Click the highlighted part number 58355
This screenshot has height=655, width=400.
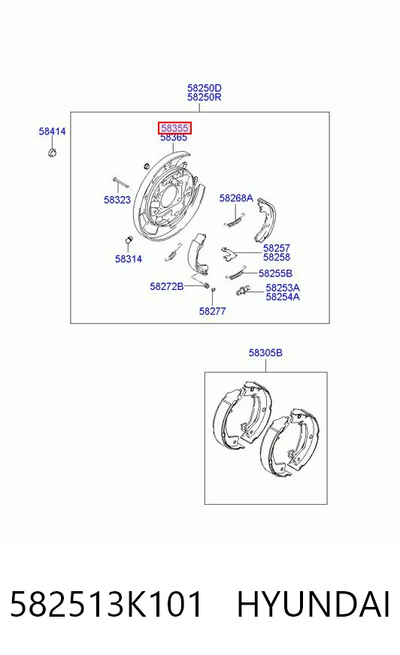(x=174, y=128)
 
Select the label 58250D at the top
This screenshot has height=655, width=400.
(x=205, y=88)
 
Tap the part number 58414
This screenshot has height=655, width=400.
(x=52, y=131)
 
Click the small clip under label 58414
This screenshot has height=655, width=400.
(x=52, y=152)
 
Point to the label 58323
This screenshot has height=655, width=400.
(x=117, y=200)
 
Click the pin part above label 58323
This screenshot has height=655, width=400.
(x=120, y=183)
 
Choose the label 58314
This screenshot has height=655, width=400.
(x=129, y=259)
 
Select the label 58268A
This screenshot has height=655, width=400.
(x=236, y=198)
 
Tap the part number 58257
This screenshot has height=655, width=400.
(x=276, y=248)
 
